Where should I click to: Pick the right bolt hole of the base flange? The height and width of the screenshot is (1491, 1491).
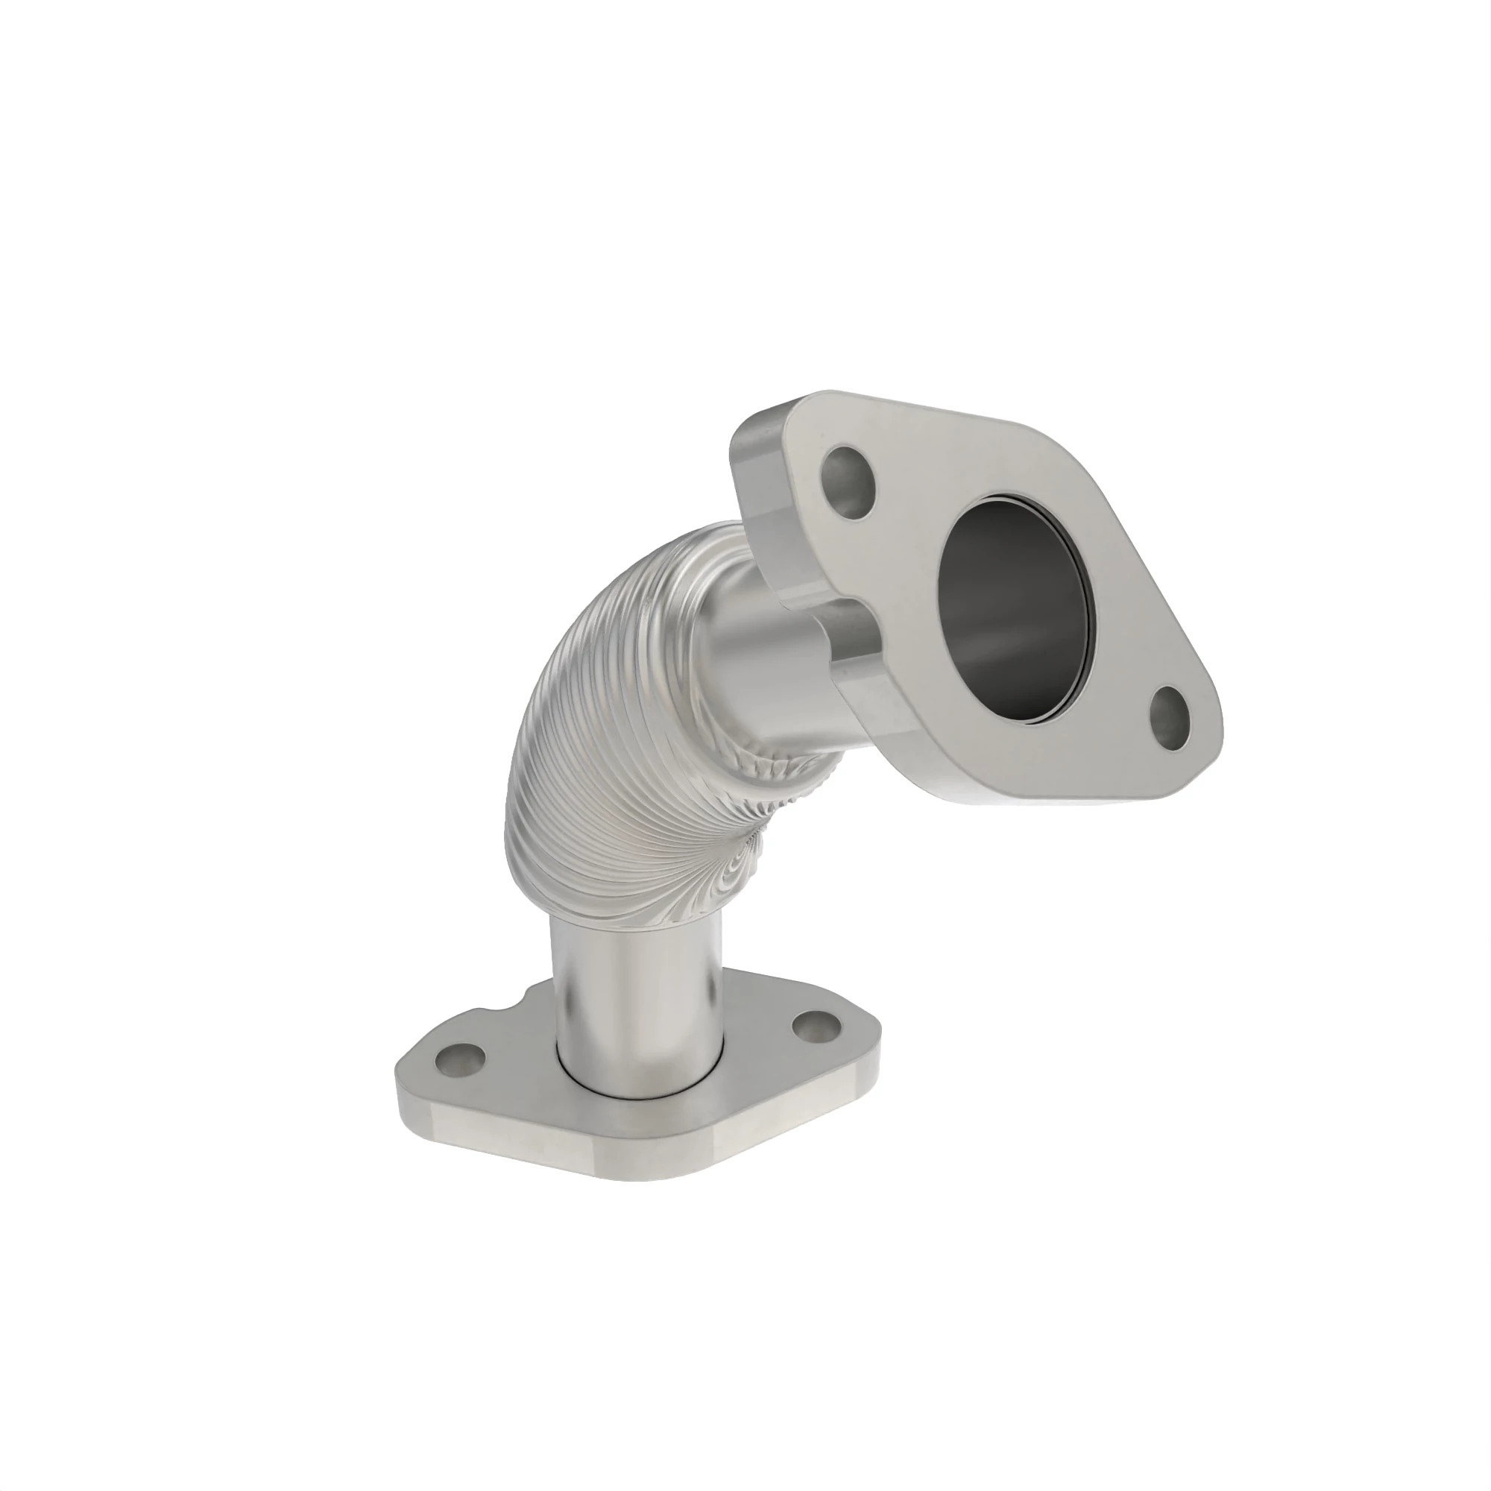[x=816, y=1027]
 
